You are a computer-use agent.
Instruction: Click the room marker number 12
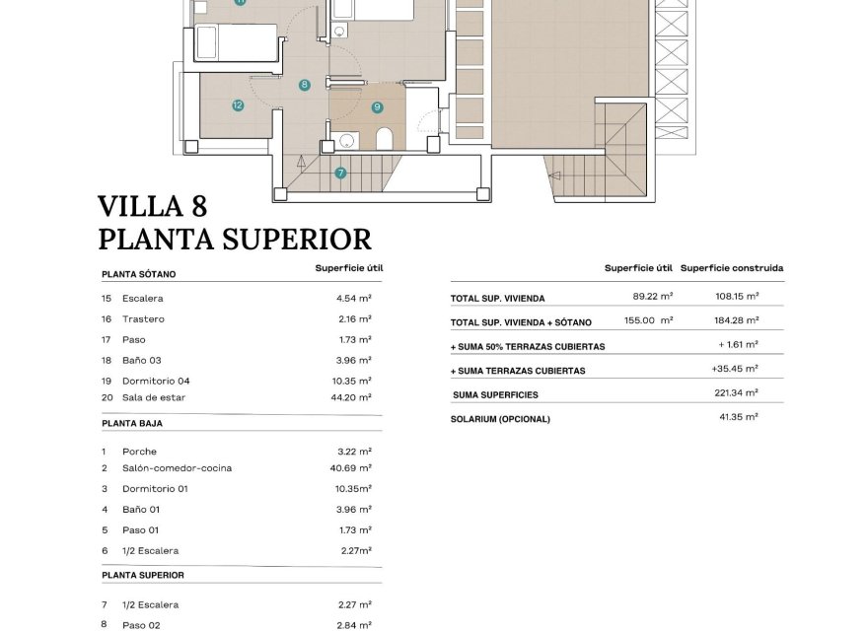238,105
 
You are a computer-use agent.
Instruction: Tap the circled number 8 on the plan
305,85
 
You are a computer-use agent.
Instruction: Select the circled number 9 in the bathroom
377,106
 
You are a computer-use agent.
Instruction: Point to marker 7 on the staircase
340,173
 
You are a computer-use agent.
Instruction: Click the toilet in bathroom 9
385,138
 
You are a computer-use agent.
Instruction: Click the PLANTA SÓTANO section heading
138,275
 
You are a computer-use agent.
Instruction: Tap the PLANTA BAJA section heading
132,423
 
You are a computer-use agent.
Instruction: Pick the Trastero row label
143,319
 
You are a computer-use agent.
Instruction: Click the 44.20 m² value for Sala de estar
353,397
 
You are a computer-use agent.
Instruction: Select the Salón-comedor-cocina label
177,468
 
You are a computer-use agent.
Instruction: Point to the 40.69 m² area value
350,468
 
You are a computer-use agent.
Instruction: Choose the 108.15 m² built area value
738,296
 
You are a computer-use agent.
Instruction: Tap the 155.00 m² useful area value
648,320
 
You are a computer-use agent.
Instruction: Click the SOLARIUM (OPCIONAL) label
500,419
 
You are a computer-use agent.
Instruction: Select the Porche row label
139,452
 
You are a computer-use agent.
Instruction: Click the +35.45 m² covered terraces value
734,369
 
